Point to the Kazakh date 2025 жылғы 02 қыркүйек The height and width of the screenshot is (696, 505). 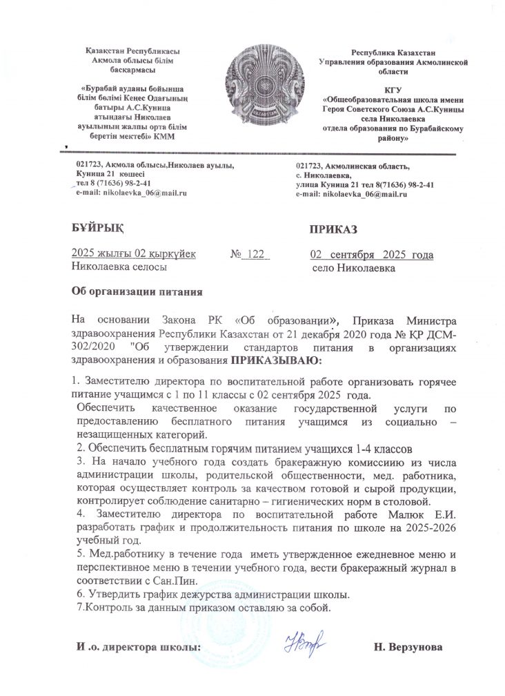pyautogui.click(x=134, y=254)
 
